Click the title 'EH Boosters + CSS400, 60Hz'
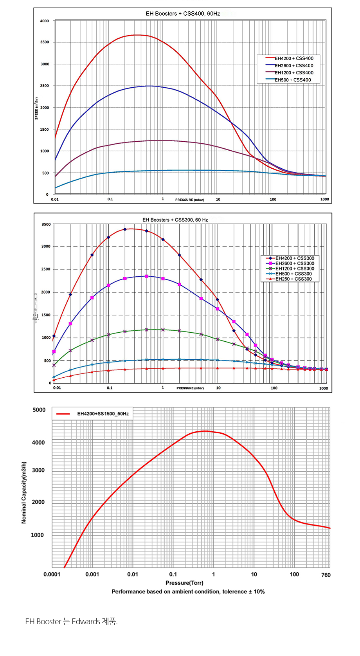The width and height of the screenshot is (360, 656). pos(183,14)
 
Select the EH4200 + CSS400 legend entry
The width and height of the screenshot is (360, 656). pos(294,59)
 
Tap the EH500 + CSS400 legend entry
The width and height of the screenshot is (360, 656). pos(293,80)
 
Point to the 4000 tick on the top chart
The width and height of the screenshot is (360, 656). pos(45,21)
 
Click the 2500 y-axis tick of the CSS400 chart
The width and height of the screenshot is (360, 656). pos(45,86)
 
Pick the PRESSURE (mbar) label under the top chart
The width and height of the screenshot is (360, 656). pos(189,200)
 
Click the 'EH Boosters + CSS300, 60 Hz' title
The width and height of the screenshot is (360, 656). pos(175,220)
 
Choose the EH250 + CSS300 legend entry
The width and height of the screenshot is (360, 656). pos(293,279)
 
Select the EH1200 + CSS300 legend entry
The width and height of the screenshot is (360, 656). pos(295,269)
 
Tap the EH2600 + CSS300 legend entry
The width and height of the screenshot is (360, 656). pos(295,263)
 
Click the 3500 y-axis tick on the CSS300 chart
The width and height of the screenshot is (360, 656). pos(46,225)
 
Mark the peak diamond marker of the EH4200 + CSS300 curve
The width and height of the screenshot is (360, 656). pos(125,229)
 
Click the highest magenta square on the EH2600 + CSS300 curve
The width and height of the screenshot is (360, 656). pos(146,276)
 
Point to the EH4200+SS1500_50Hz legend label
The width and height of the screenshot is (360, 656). pos(103,414)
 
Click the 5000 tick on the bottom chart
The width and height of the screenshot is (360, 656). pos(39,410)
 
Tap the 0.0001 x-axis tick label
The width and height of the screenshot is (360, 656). pos(52,575)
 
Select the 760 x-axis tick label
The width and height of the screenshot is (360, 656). pos(326,575)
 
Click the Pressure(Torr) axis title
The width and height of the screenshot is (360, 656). pos(184,583)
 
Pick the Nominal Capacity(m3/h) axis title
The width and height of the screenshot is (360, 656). pos(24,492)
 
